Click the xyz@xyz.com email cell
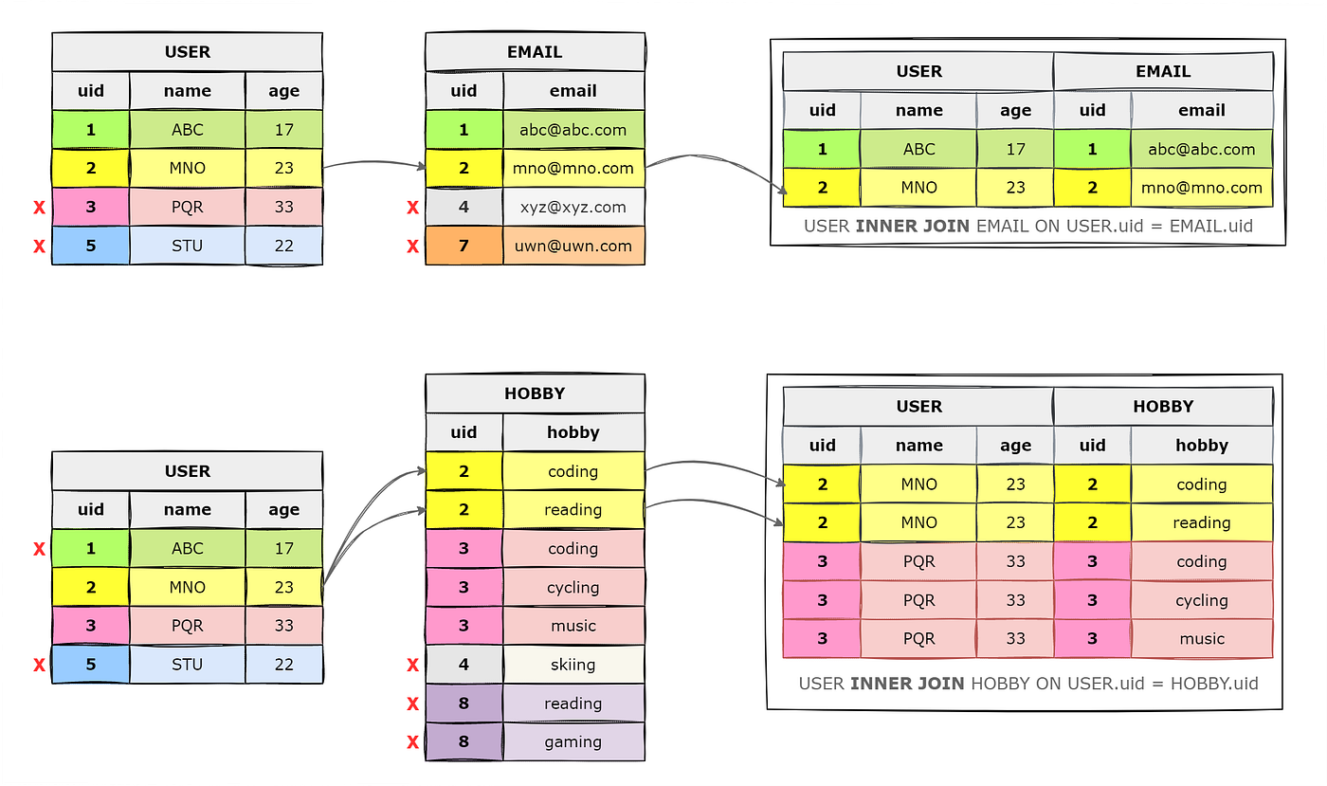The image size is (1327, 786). [573, 207]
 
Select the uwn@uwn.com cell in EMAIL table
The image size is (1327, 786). [573, 246]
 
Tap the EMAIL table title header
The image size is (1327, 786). [535, 52]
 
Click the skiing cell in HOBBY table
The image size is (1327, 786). [573, 665]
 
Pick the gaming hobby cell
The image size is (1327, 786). [573, 742]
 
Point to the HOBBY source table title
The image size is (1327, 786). [535, 393]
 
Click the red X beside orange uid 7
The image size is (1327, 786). [412, 247]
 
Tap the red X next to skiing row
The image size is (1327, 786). [412, 666]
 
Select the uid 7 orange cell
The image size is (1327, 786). [464, 246]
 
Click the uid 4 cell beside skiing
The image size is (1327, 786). [464, 665]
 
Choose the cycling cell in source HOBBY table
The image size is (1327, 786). [573, 587]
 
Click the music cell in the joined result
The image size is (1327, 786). [1202, 639]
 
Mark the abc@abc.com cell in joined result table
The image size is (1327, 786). [1202, 149]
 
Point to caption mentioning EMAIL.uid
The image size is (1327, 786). [1027, 226]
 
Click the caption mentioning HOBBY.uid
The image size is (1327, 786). [1027, 683]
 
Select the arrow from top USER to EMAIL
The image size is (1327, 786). [374, 166]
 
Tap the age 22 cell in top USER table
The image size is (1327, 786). [284, 246]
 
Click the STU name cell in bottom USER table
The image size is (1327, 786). [188, 665]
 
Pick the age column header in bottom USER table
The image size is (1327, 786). [284, 510]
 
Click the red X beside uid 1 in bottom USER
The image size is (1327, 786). [39, 549]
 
